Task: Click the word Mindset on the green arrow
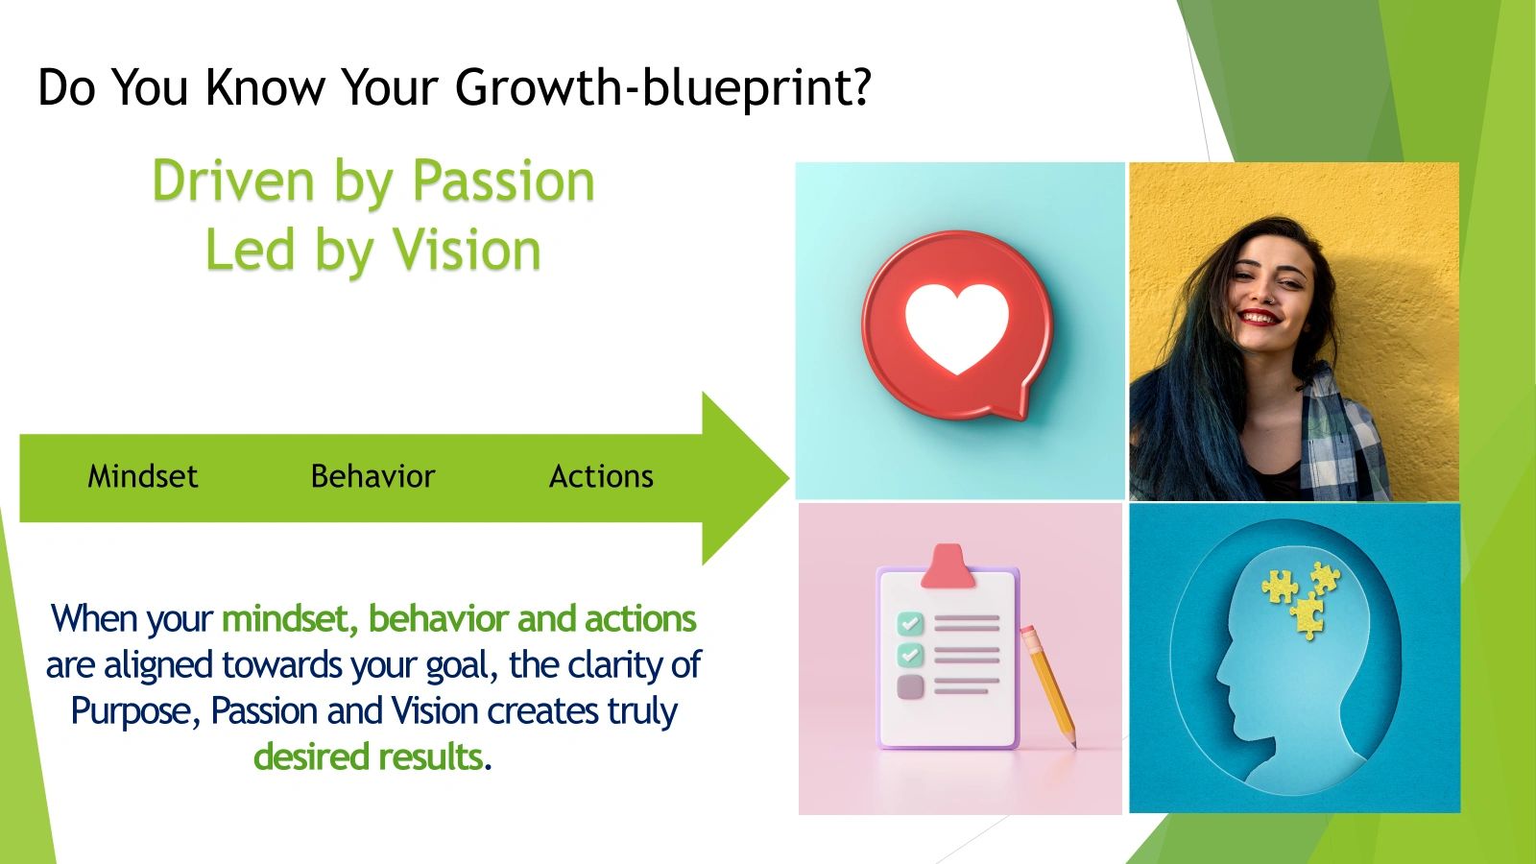142,476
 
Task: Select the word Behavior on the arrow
372,476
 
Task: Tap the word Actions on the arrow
601,476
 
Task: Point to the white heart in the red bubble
956,326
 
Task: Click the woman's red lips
1259,316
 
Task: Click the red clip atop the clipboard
948,567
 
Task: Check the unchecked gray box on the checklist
909,686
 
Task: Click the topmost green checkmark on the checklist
909,624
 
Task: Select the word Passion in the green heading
503,181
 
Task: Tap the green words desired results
369,756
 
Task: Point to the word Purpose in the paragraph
133,711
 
